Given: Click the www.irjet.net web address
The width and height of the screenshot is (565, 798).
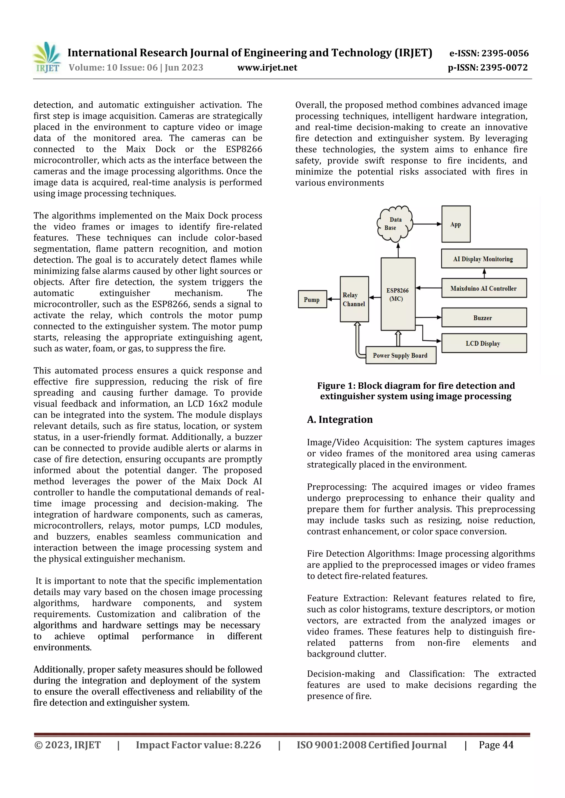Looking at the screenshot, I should click(267, 68).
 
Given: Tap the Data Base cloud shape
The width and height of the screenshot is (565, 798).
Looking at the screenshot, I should click(395, 224).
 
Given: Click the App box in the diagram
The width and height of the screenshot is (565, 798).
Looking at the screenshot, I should click(456, 224).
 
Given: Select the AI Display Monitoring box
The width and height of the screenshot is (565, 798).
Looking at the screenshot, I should click(484, 259).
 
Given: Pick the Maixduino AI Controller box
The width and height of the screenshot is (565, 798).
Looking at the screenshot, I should click(484, 288).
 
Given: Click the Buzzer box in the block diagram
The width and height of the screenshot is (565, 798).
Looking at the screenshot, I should click(484, 318).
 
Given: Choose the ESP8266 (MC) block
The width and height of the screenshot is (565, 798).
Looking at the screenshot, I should click(398, 294).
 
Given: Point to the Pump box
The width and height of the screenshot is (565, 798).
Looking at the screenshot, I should click(312, 300).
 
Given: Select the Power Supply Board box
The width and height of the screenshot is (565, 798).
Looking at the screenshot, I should click(401, 355).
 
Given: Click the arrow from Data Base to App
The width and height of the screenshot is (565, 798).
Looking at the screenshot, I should click(427, 224).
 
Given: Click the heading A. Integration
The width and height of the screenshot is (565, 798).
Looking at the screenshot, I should click(340, 420).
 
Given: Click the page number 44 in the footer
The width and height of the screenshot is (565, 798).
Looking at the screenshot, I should click(508, 745).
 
